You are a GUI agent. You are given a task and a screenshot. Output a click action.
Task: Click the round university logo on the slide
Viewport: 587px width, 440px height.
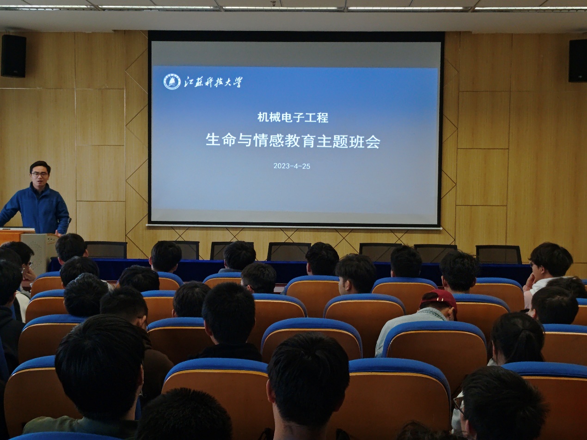tap(172, 81)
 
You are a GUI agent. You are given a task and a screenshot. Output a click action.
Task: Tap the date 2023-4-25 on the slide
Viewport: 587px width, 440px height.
tap(292, 166)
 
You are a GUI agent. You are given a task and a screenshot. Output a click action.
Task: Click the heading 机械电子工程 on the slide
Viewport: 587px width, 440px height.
tap(293, 117)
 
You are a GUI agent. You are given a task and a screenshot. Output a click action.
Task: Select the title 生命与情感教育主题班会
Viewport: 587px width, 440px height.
tap(293, 141)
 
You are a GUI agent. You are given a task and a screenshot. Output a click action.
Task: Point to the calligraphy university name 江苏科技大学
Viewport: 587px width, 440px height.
tap(213, 82)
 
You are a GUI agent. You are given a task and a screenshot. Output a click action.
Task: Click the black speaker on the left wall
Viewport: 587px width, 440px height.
tap(14, 56)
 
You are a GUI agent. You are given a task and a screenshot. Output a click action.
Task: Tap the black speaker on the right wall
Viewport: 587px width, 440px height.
tap(578, 61)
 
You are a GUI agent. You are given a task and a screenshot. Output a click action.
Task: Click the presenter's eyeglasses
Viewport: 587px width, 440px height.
tap(40, 174)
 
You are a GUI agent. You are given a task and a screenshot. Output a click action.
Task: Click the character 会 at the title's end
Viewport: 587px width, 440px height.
tap(373, 141)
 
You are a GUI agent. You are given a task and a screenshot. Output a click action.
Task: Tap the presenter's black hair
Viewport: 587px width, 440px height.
tap(40, 166)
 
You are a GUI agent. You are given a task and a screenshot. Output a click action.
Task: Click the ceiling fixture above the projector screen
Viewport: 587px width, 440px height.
tap(273, 4)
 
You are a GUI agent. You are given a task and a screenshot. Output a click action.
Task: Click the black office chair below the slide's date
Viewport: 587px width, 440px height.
tap(289, 251)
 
